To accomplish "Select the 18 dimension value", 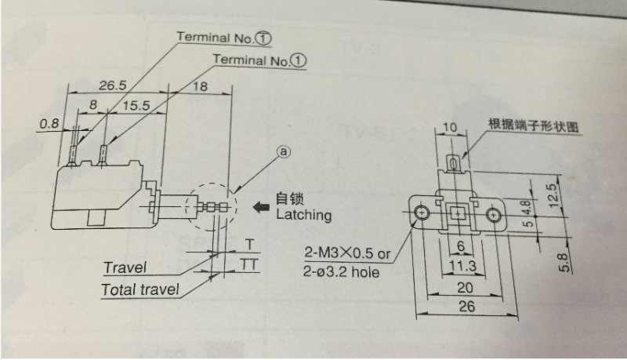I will (200, 86).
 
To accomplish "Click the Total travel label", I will (140, 289).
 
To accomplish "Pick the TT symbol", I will (249, 265).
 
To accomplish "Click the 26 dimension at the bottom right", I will (466, 307).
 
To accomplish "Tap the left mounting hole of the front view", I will (422, 213).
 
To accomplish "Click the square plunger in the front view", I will (457, 213).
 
